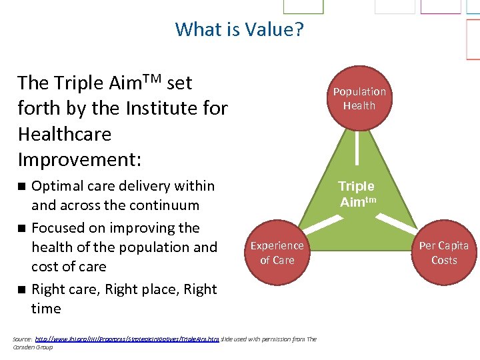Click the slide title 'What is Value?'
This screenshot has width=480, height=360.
(x=239, y=29)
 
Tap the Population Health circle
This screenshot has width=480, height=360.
(x=359, y=98)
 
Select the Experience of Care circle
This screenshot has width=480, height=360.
(x=277, y=252)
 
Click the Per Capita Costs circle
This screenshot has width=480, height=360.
(x=443, y=252)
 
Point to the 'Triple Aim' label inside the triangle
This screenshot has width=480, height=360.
(x=357, y=194)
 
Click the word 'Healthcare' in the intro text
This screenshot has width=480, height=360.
(x=64, y=134)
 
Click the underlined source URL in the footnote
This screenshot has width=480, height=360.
(x=127, y=339)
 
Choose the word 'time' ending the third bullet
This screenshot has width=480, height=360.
(x=46, y=309)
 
